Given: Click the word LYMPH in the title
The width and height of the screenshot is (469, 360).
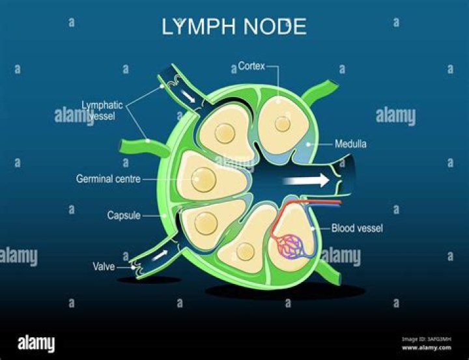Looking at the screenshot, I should point(193,27).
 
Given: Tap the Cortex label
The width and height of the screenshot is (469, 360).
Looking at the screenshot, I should point(251,66).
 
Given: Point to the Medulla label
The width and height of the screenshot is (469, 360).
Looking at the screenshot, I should point(350,144).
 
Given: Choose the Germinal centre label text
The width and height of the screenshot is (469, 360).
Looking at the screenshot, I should point(108,178).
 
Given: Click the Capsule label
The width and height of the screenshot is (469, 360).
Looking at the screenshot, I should point(124,215).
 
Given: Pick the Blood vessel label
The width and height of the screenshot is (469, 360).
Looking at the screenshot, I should point(356,228).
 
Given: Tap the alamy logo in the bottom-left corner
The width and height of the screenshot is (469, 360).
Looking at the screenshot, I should point(36,343).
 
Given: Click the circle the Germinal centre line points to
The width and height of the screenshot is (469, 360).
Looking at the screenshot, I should point(203,177).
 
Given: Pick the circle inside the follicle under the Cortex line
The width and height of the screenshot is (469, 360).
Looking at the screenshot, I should point(283,124).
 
